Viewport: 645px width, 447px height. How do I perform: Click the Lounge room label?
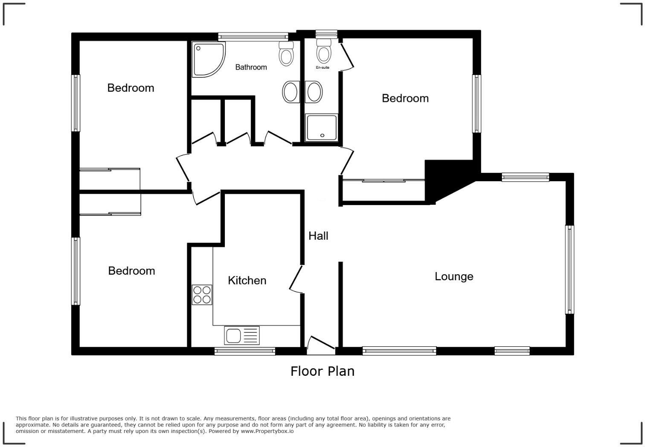click(453, 276)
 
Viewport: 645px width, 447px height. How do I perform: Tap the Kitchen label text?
click(247, 280)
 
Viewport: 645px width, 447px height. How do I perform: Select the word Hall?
click(318, 236)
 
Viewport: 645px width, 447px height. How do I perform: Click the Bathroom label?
click(251, 67)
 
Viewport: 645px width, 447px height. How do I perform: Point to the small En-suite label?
click(322, 67)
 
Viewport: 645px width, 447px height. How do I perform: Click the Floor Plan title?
click(322, 371)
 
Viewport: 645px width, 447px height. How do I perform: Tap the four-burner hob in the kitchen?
click(202, 295)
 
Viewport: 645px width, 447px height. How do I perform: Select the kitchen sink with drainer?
click(241, 335)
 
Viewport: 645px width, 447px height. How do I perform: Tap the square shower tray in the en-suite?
click(322, 128)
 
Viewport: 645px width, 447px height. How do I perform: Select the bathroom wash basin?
click(291, 92)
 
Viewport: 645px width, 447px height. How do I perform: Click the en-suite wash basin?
click(314, 92)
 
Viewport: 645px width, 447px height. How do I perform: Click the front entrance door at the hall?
click(321, 345)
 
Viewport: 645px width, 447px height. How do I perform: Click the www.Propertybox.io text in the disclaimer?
click(267, 431)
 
